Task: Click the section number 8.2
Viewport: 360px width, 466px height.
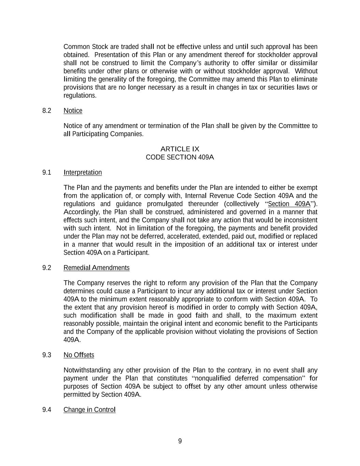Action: point(47,111)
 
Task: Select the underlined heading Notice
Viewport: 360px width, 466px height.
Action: point(73,111)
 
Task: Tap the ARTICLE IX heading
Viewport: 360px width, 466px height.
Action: point(180,149)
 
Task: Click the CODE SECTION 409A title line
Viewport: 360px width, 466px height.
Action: point(180,157)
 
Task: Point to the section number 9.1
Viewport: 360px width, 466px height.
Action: point(47,172)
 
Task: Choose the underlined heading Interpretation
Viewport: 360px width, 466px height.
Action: point(83,172)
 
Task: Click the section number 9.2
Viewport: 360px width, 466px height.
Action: point(47,268)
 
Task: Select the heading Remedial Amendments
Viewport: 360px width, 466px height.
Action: point(97,268)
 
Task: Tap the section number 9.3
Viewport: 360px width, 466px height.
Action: point(47,355)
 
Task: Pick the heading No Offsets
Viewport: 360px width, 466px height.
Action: point(79,355)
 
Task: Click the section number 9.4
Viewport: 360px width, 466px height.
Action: point(47,410)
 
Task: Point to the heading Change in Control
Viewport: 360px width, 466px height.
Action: point(89,410)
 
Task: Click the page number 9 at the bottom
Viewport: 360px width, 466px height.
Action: point(180,441)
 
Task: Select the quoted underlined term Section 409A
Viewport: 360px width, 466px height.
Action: point(289,204)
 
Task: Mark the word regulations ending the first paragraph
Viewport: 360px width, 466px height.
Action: point(80,96)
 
